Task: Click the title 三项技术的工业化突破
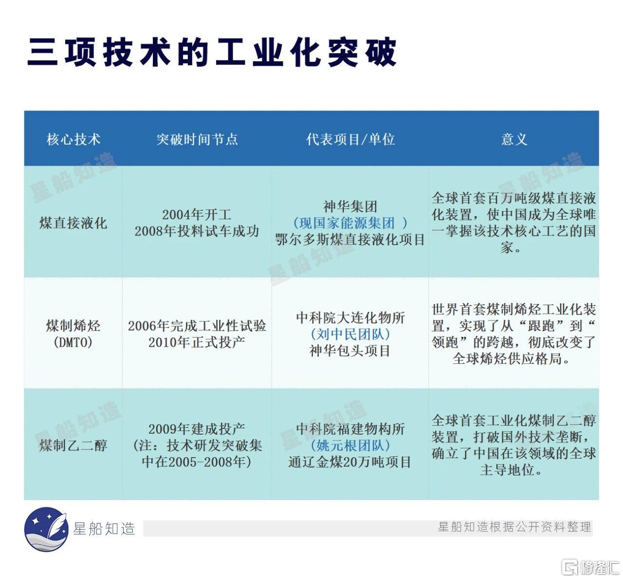pos(212,52)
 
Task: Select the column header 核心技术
pos(73,139)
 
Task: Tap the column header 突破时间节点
pos(197,139)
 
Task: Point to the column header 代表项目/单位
pos(350,139)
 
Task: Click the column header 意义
pos(514,139)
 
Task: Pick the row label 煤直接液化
pos(73,223)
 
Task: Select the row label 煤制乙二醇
pos(73,445)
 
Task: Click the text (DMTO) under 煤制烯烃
pos(73,342)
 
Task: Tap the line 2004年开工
pos(197,215)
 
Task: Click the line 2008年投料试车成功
pos(197,231)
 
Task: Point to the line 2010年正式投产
pos(197,342)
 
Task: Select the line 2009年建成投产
pos(197,429)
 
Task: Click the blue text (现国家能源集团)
pos(350,223)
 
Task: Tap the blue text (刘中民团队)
pos(350,334)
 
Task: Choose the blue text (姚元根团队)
pos(350,445)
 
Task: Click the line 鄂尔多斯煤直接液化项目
pos(350,240)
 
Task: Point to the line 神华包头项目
pos(350,351)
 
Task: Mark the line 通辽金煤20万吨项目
pos(350,462)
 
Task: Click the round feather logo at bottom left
pos(46,529)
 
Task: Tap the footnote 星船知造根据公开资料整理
pos(514,527)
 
